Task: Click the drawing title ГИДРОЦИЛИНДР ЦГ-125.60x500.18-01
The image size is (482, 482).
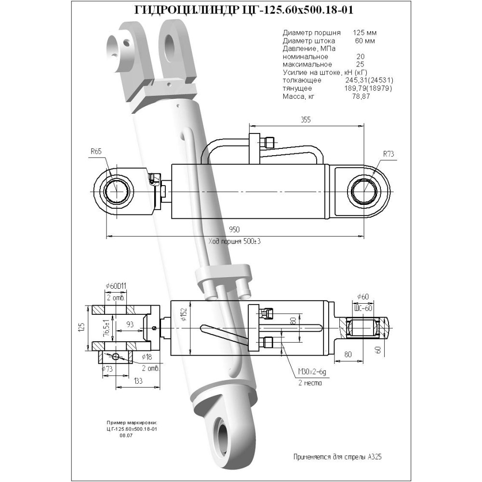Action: tap(244, 11)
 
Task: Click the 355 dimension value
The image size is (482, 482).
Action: tap(306, 119)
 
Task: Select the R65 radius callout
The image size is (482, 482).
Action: tap(96, 151)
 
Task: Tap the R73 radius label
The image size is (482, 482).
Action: tap(388, 154)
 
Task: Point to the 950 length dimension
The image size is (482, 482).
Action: tap(234, 229)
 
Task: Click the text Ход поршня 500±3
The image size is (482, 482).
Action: tap(234, 241)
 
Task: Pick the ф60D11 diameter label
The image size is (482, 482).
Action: tap(116, 286)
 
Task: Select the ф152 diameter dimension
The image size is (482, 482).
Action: tap(184, 313)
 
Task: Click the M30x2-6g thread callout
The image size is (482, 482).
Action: tap(312, 372)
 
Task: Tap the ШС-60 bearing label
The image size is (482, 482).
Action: tap(363, 308)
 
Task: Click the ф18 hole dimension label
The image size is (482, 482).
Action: tap(147, 357)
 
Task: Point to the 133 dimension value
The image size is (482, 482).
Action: tap(138, 381)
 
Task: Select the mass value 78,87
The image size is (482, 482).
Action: tap(361, 96)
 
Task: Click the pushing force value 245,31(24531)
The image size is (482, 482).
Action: tap(370, 80)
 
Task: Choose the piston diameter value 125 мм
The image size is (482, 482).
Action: tap(364, 33)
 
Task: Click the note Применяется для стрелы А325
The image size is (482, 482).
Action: tap(337, 457)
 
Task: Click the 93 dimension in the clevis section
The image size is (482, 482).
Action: tap(130, 324)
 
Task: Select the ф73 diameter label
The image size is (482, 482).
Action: tap(107, 369)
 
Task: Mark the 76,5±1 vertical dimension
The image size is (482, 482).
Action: tap(107, 328)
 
